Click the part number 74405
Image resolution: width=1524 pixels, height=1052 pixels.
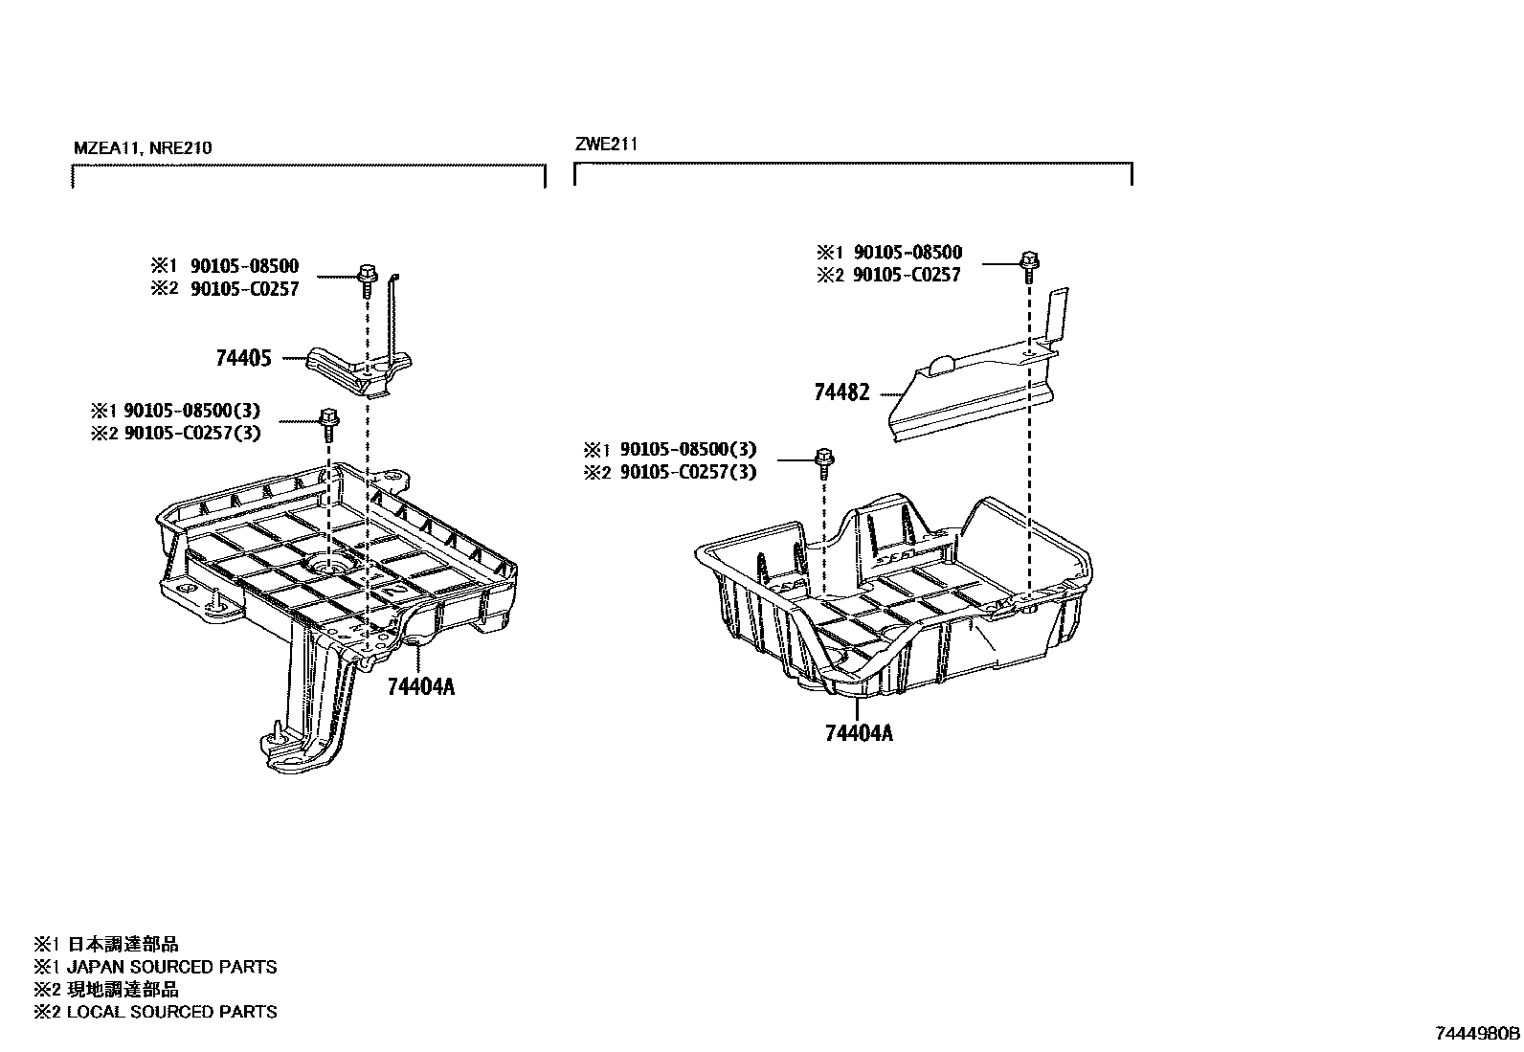click(x=243, y=359)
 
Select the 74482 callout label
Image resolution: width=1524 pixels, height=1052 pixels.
click(x=841, y=392)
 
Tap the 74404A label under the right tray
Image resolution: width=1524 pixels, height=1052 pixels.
click(x=858, y=733)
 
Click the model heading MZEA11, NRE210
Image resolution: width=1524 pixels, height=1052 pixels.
click(x=143, y=148)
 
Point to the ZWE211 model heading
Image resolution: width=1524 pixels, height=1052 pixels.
click(x=605, y=145)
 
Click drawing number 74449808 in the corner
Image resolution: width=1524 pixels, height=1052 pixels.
click(x=1477, y=1035)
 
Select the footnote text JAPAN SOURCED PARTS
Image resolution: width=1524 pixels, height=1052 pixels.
click(x=171, y=967)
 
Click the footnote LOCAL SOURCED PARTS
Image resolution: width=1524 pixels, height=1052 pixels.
click(x=171, y=1012)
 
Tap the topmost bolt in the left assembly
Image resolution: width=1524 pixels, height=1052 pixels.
click(x=366, y=275)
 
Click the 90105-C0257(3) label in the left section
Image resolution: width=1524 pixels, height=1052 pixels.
click(x=191, y=433)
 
